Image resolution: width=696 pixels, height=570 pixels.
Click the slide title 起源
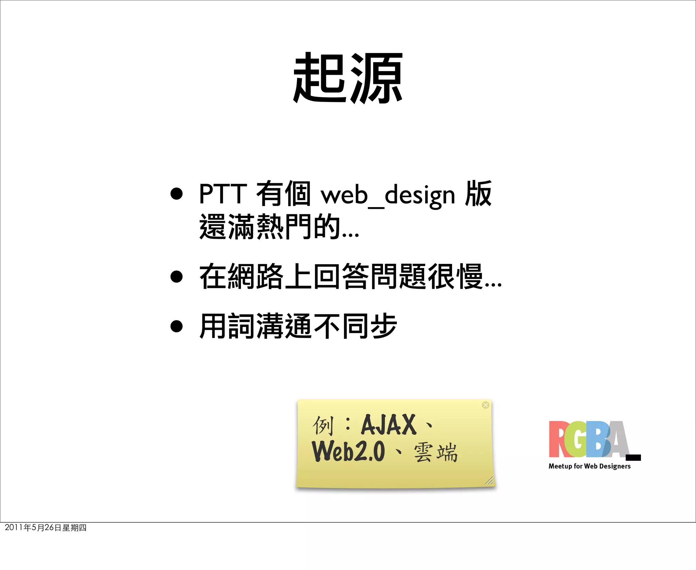point(348,78)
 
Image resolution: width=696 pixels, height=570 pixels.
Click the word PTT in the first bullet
point(223,194)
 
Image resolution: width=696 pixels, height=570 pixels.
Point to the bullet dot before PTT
point(176,194)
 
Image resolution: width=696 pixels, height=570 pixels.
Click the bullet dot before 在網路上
point(176,276)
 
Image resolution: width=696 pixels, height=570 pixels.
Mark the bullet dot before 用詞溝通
point(176,326)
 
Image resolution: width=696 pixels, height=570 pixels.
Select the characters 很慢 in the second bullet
point(455,276)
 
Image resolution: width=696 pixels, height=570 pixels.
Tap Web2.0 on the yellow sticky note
point(348,451)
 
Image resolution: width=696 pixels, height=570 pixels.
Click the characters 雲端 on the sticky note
point(435,453)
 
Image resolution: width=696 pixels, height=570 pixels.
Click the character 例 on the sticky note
point(323,425)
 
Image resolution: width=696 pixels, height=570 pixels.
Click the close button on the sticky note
point(486,405)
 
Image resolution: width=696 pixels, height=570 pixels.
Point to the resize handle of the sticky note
point(489,481)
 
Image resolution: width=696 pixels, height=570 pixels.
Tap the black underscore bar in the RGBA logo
point(633,457)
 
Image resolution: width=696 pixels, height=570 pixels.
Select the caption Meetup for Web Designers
point(589,466)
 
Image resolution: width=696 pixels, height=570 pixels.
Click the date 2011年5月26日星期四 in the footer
point(46,527)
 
